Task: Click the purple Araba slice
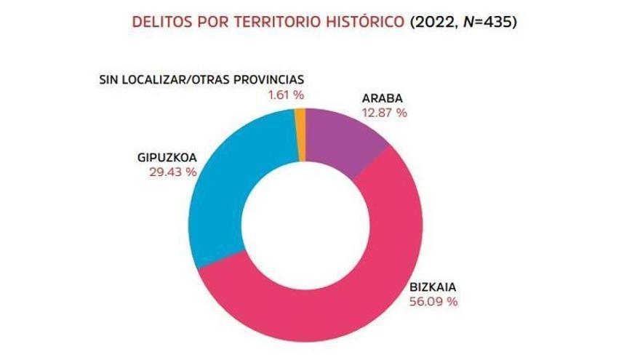click(343, 141)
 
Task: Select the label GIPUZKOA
click(167, 159)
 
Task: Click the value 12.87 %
click(383, 113)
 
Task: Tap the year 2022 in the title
click(434, 21)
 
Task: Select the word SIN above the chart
click(109, 80)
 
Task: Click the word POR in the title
click(210, 21)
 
